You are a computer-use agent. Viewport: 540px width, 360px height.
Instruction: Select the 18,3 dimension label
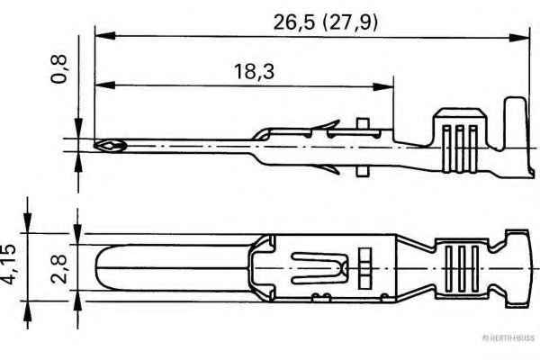tap(242, 70)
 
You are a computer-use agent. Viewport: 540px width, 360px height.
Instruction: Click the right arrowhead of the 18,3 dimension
tap(388, 85)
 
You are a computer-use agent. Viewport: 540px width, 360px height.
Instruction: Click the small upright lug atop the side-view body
tap(362, 127)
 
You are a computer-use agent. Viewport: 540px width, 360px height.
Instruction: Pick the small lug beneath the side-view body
tap(362, 168)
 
